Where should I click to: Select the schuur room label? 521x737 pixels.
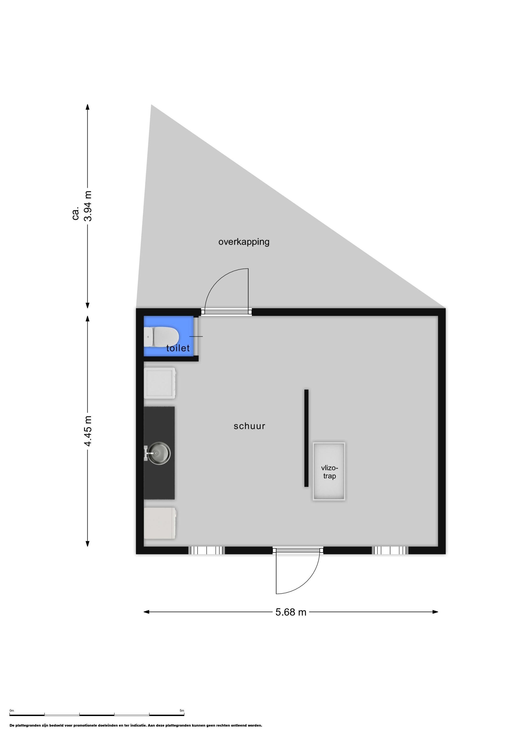tap(249, 426)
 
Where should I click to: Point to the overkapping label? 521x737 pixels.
tap(244, 242)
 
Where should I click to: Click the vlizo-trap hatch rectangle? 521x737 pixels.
tap(329, 471)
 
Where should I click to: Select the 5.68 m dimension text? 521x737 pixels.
tap(291, 612)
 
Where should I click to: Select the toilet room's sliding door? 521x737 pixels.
tap(196, 336)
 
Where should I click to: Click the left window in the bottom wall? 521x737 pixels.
tap(206, 551)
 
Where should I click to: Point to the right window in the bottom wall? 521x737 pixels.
tap(390, 551)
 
